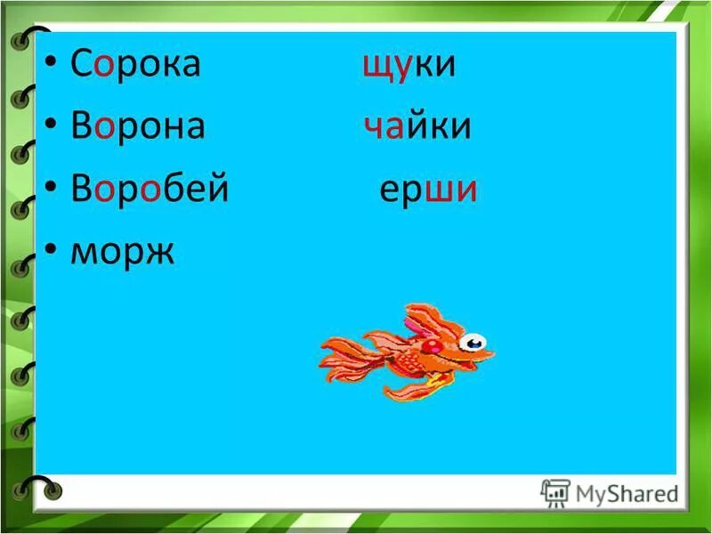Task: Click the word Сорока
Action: pos(135,67)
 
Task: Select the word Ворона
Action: pos(138,127)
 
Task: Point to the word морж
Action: pos(123,252)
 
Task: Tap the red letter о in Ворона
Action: pos(104,129)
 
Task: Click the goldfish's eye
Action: pos(473,342)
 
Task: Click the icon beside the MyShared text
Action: pos(555,492)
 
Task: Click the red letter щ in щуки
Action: pos(374,69)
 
